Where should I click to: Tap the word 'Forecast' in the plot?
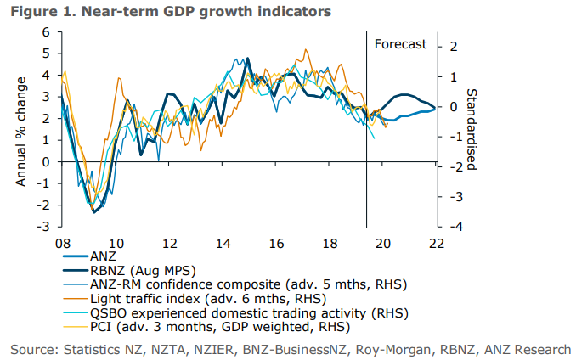coord(400,44)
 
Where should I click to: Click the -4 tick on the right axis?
coord(455,228)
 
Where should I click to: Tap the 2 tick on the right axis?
coord(455,46)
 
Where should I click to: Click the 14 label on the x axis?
coord(223,242)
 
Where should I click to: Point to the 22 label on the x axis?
coord(437,242)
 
